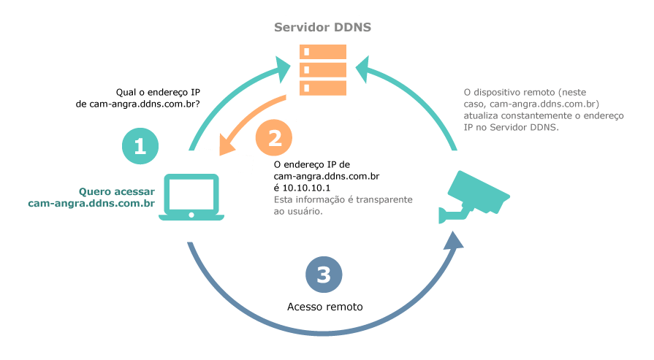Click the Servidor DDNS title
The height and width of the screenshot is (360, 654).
tap(322, 27)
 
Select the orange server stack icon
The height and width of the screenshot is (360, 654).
tap(322, 69)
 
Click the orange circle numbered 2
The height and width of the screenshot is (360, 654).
tap(273, 137)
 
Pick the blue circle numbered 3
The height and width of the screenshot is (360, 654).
tap(324, 274)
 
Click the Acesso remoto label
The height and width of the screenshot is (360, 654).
tap(324, 307)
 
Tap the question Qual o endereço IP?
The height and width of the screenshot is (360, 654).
tap(159, 92)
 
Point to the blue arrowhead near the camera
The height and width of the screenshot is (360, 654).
tap(455, 240)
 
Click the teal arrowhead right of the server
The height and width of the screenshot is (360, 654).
tap(362, 66)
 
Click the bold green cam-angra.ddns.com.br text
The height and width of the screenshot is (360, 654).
tap(91, 203)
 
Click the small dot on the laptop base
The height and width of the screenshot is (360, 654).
tap(192, 215)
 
